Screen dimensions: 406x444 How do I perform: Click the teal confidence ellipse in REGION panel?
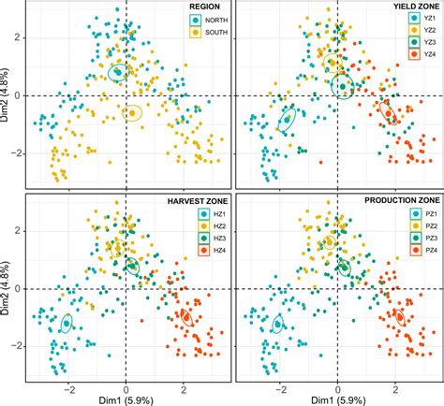118,72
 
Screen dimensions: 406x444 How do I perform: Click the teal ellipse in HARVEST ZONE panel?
67,324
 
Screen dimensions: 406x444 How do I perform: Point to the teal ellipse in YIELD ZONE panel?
289,119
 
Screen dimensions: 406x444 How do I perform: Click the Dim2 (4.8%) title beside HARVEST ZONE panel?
7,289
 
